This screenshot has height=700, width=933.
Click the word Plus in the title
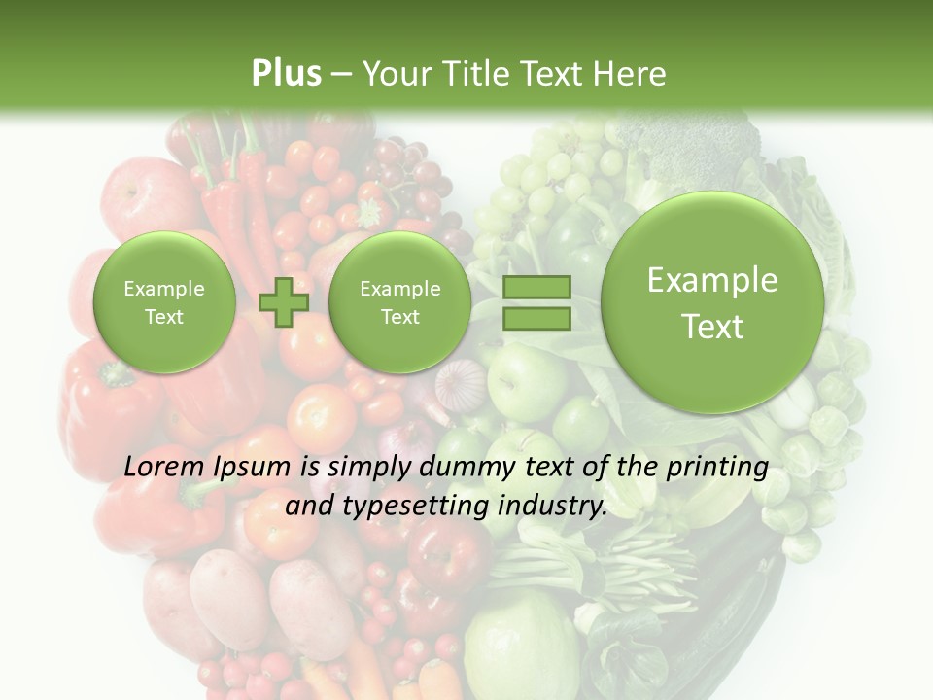[286, 74]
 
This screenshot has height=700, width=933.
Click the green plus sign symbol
[283, 301]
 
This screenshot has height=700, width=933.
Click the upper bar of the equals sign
[536, 287]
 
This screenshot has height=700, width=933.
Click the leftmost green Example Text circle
[163, 301]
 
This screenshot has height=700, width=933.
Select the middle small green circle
[399, 301]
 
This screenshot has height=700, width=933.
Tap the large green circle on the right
[712, 302]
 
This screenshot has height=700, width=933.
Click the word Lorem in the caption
[163, 468]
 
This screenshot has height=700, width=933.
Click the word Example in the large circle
[712, 280]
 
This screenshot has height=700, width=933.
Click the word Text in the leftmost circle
[163, 317]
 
